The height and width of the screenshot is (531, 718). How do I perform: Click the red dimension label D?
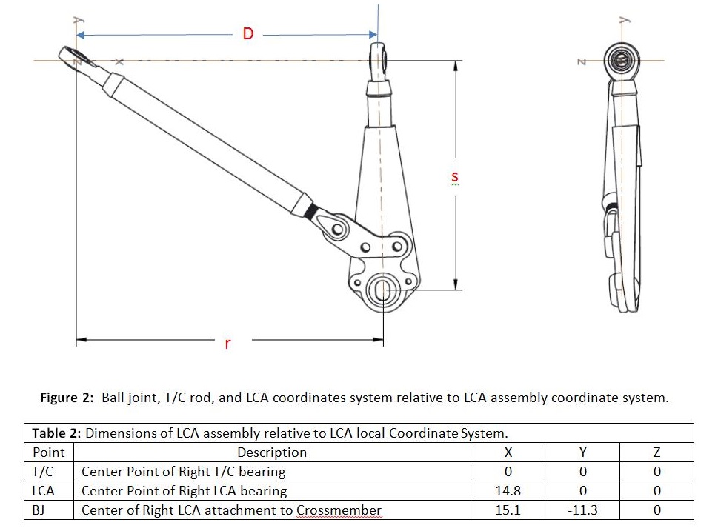(247, 33)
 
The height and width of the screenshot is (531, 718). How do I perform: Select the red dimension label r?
(227, 343)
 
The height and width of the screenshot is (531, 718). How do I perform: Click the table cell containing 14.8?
(508, 490)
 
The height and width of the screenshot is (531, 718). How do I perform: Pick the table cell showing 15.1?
(508, 510)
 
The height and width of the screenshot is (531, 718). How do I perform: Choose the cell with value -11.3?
(582, 510)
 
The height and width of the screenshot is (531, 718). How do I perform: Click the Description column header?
(272, 452)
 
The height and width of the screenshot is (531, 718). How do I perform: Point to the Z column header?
(656, 452)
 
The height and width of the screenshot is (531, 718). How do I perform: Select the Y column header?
(582, 452)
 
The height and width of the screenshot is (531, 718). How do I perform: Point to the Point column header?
(49, 452)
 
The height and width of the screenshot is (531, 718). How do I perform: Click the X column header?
(508, 452)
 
